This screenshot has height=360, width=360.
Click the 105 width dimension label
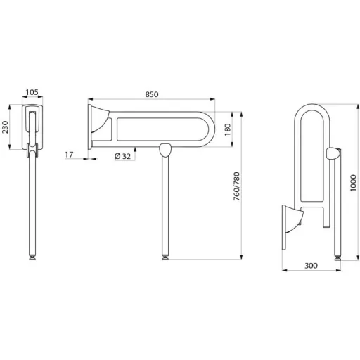click(x=32, y=92)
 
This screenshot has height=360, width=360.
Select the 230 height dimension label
click(x=5, y=127)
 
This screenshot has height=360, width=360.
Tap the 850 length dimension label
click(x=152, y=94)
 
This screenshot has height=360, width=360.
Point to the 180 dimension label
click(x=228, y=129)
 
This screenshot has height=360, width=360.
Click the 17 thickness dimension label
click(x=69, y=155)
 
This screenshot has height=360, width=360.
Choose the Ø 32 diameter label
click(x=122, y=156)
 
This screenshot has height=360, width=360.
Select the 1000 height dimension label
click(x=353, y=183)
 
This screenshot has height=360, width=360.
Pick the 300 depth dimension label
click(x=311, y=266)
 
